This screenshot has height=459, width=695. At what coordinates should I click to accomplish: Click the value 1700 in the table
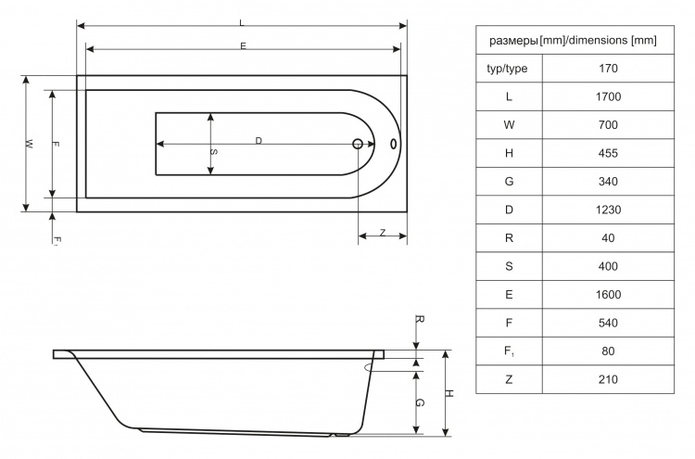click(608, 96)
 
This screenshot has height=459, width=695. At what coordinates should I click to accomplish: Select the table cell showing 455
click(608, 153)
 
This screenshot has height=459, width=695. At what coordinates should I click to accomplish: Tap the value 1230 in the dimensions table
click(608, 210)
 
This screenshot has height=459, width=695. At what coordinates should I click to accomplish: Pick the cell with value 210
click(608, 379)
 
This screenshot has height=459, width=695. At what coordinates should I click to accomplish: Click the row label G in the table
click(509, 182)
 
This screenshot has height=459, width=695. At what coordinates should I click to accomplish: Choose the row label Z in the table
click(509, 379)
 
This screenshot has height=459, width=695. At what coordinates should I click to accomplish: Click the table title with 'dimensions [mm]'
click(573, 41)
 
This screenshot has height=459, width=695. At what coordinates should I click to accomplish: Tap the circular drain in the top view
click(358, 144)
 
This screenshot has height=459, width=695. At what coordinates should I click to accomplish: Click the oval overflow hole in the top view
click(393, 144)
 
